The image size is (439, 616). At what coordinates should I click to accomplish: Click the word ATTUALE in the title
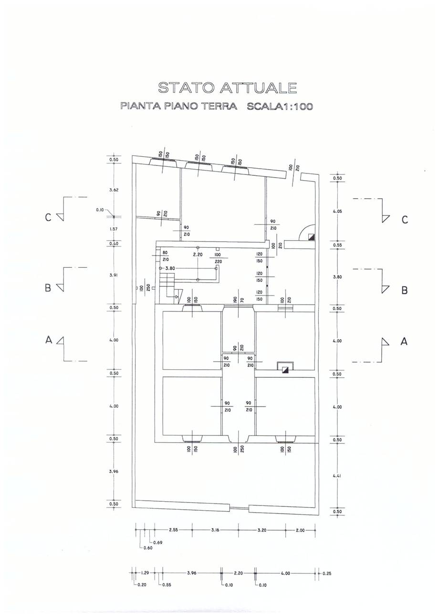pos(259,88)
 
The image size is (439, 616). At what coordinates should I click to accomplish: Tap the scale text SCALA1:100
pos(280,106)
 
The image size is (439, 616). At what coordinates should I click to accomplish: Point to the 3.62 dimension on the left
pos(114,190)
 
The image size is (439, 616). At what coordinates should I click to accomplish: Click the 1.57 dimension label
pos(114,229)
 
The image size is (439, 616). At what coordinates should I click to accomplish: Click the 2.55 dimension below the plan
pos(173,530)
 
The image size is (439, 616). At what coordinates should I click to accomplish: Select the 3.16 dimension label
pos(215,530)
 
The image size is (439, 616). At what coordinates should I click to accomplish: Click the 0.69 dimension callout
pos(158,543)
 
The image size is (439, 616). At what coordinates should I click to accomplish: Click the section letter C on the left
pos(48,218)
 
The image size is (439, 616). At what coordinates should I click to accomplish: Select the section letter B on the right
pos(404,291)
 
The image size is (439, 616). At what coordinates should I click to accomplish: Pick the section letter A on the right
pos(404,342)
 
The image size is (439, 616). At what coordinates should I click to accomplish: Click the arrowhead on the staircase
pos(176,297)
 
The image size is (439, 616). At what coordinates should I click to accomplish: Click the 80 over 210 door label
pos(165,256)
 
